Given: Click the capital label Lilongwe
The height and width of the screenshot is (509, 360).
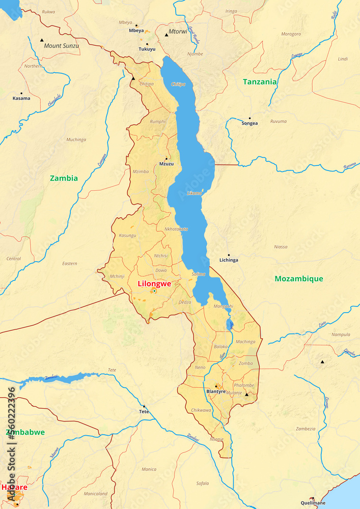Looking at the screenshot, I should coord(154,284).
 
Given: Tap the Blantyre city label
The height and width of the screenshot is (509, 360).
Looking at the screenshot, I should coord(216,391).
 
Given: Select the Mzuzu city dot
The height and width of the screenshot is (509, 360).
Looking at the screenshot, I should coord(166,158).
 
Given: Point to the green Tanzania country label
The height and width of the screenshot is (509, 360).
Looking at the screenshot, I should coord(260,81).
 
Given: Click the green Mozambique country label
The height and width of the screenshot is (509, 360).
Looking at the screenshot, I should coord(298,278).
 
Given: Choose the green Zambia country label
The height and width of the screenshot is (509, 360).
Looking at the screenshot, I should coord(64,178).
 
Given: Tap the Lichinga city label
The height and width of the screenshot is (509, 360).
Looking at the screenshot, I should coord(229,260).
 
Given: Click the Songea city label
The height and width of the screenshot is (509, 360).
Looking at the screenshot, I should coord(250,123).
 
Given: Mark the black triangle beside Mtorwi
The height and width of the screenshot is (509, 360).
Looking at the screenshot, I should coord(166,35).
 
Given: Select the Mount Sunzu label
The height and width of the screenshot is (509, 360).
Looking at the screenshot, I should coord(61,46).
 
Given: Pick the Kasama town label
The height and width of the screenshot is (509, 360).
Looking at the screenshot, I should coord(21,98).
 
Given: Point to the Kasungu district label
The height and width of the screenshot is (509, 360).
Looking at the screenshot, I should coord(127,236).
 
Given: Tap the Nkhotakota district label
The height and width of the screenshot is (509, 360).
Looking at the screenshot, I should coord(176,229).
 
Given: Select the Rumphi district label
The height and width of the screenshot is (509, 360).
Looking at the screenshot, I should coord(158,122).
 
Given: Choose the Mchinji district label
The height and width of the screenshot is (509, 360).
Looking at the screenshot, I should coord(117,276).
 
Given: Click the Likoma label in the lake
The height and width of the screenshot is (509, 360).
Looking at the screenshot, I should coord(195,193).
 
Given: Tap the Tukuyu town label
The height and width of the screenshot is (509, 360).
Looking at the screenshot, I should coord(147,49).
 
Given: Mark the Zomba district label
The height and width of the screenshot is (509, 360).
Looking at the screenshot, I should coord(245,363).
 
